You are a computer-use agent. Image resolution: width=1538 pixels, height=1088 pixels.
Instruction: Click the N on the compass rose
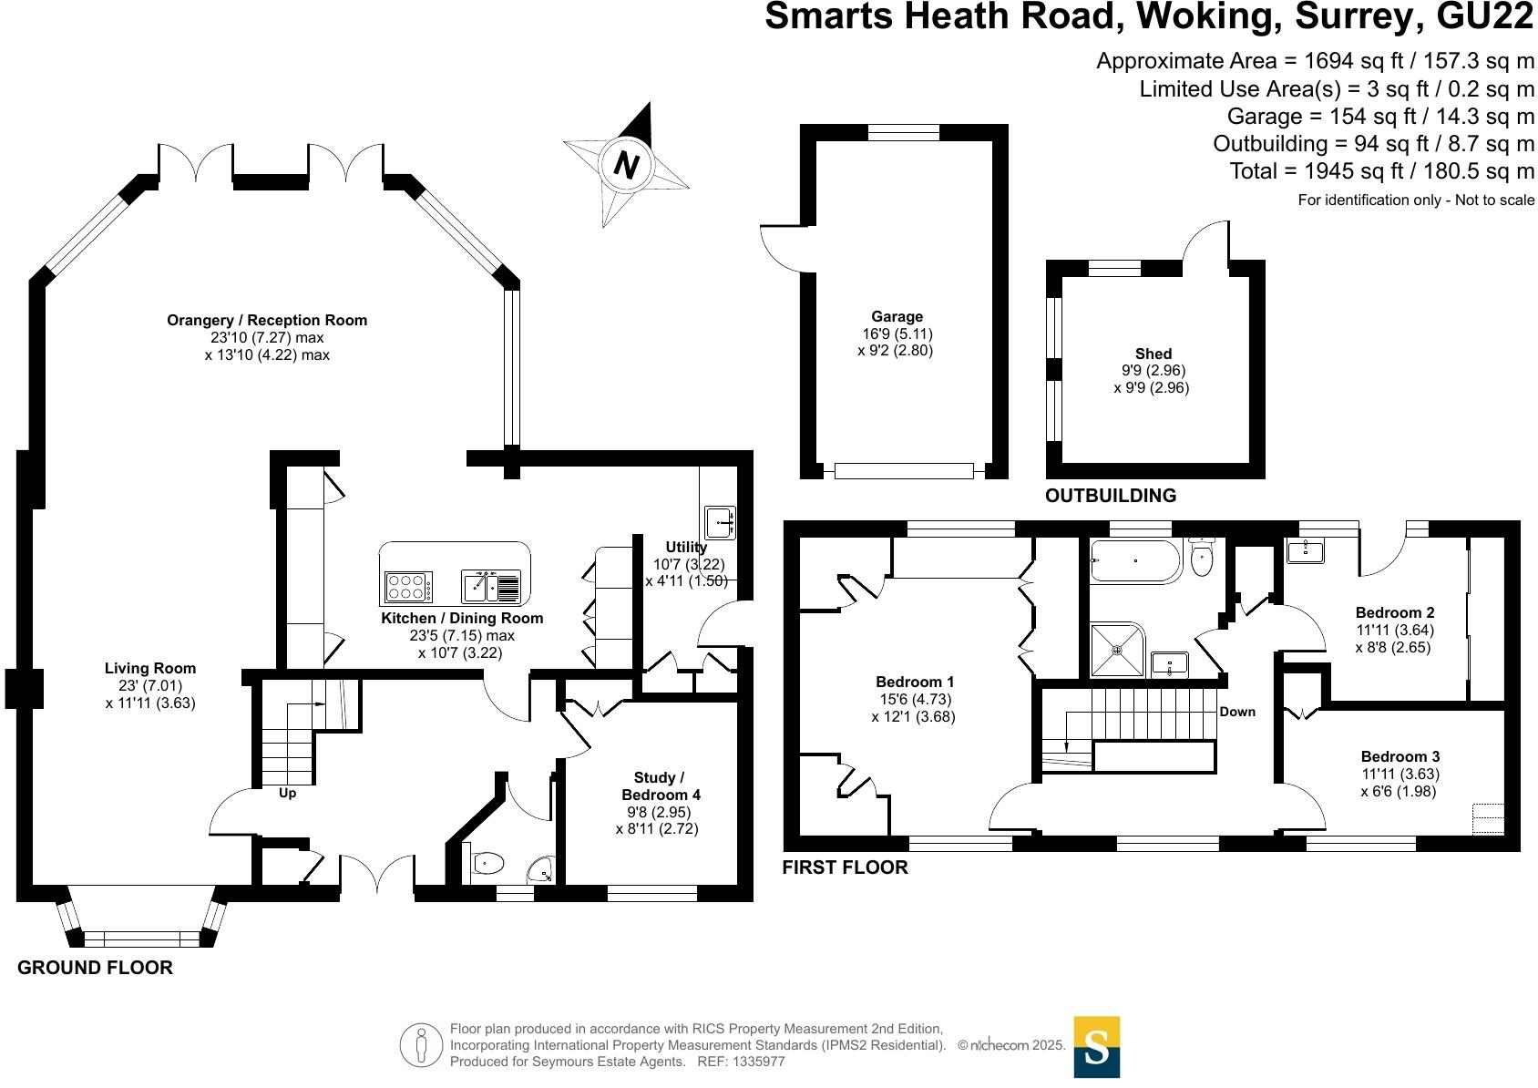point(626,165)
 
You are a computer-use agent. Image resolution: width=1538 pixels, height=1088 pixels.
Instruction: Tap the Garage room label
point(897,317)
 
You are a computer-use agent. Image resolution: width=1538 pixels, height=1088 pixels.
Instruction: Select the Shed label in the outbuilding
point(1153,354)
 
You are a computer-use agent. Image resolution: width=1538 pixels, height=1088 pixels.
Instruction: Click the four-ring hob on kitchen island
point(408,586)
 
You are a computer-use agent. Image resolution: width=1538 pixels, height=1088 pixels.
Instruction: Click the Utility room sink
point(719,522)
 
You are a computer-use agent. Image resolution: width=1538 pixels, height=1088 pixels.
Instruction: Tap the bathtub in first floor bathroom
point(1135,560)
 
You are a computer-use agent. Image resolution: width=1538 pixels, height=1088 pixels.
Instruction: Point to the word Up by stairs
point(287,793)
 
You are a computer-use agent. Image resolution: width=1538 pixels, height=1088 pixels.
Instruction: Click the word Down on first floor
point(1237,712)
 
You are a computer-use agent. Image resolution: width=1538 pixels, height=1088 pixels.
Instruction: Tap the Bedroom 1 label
point(915,682)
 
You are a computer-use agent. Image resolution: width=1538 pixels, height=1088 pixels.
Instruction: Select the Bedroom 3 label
point(1400,756)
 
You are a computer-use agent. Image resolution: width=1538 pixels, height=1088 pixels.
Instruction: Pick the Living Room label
point(150,668)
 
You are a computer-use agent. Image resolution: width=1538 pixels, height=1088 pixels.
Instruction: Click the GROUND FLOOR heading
point(95,968)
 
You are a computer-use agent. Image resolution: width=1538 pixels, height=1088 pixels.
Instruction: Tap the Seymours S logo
point(1096,1047)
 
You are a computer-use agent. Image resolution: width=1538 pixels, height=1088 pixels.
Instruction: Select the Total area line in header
point(1381,171)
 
